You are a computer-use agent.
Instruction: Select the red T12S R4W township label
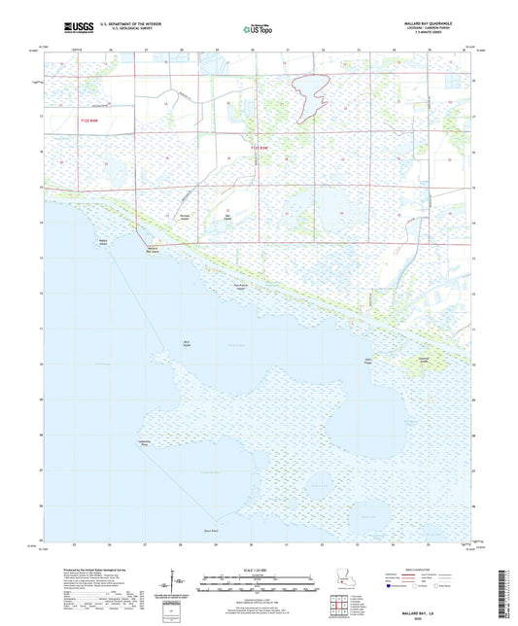(89, 120)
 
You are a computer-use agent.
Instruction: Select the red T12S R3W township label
(257, 147)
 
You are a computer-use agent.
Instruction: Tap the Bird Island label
(186, 342)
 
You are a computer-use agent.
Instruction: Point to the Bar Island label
(226, 216)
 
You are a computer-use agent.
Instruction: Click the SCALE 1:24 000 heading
(258, 570)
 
